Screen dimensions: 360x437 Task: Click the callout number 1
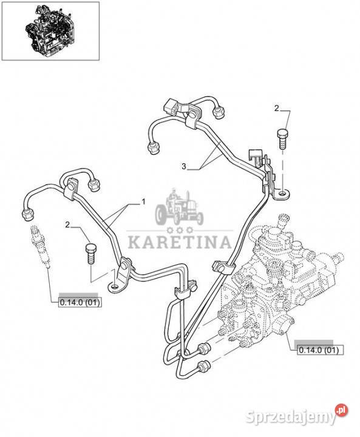[x=144, y=202]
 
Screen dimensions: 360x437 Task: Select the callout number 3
[x=184, y=166]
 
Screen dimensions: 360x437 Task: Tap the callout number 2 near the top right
[x=276, y=109]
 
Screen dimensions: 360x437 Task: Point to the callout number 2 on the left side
[x=67, y=225]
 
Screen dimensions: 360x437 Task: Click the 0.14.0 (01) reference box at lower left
[x=80, y=302]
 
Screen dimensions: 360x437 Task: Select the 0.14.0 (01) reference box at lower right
[x=321, y=350]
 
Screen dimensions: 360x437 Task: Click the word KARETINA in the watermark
[x=180, y=242]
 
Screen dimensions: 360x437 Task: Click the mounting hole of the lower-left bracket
[x=115, y=286]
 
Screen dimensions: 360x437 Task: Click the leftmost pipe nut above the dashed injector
[x=27, y=214]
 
